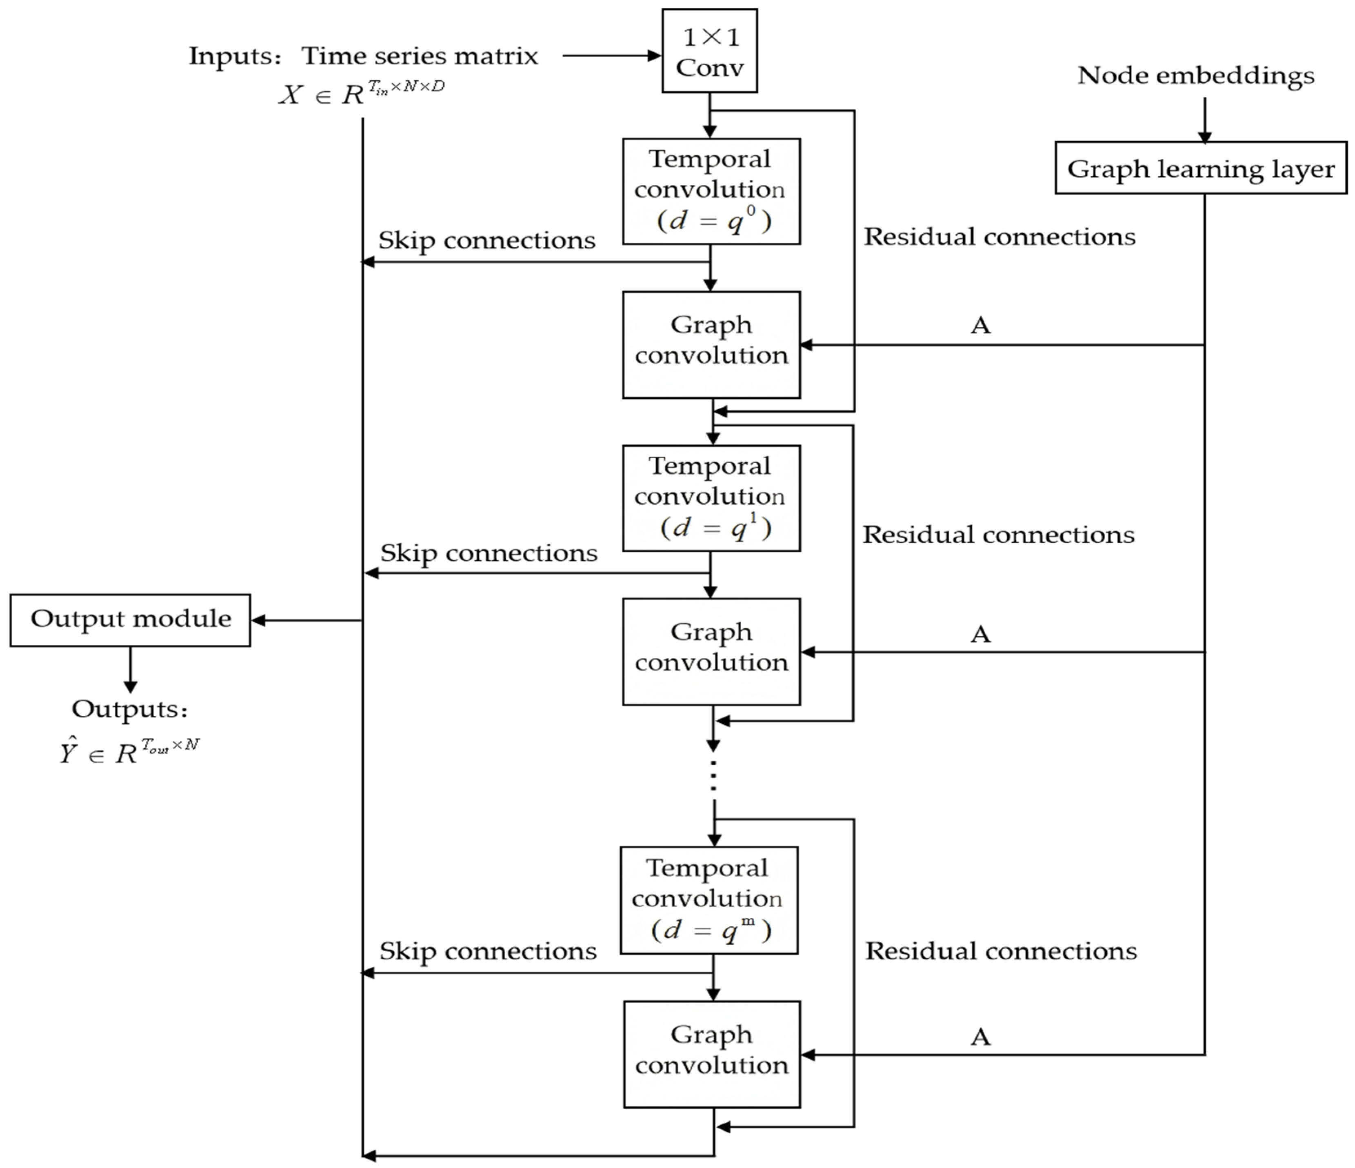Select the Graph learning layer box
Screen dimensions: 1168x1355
1201,169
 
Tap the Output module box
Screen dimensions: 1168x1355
130,620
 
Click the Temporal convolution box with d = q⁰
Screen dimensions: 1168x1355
711,191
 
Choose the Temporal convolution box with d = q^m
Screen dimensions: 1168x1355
709,900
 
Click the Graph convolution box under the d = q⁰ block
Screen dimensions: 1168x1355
711,344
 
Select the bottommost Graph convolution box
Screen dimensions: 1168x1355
711,1054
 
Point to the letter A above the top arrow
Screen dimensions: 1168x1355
980,325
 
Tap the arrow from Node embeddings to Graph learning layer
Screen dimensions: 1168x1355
1204,121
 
